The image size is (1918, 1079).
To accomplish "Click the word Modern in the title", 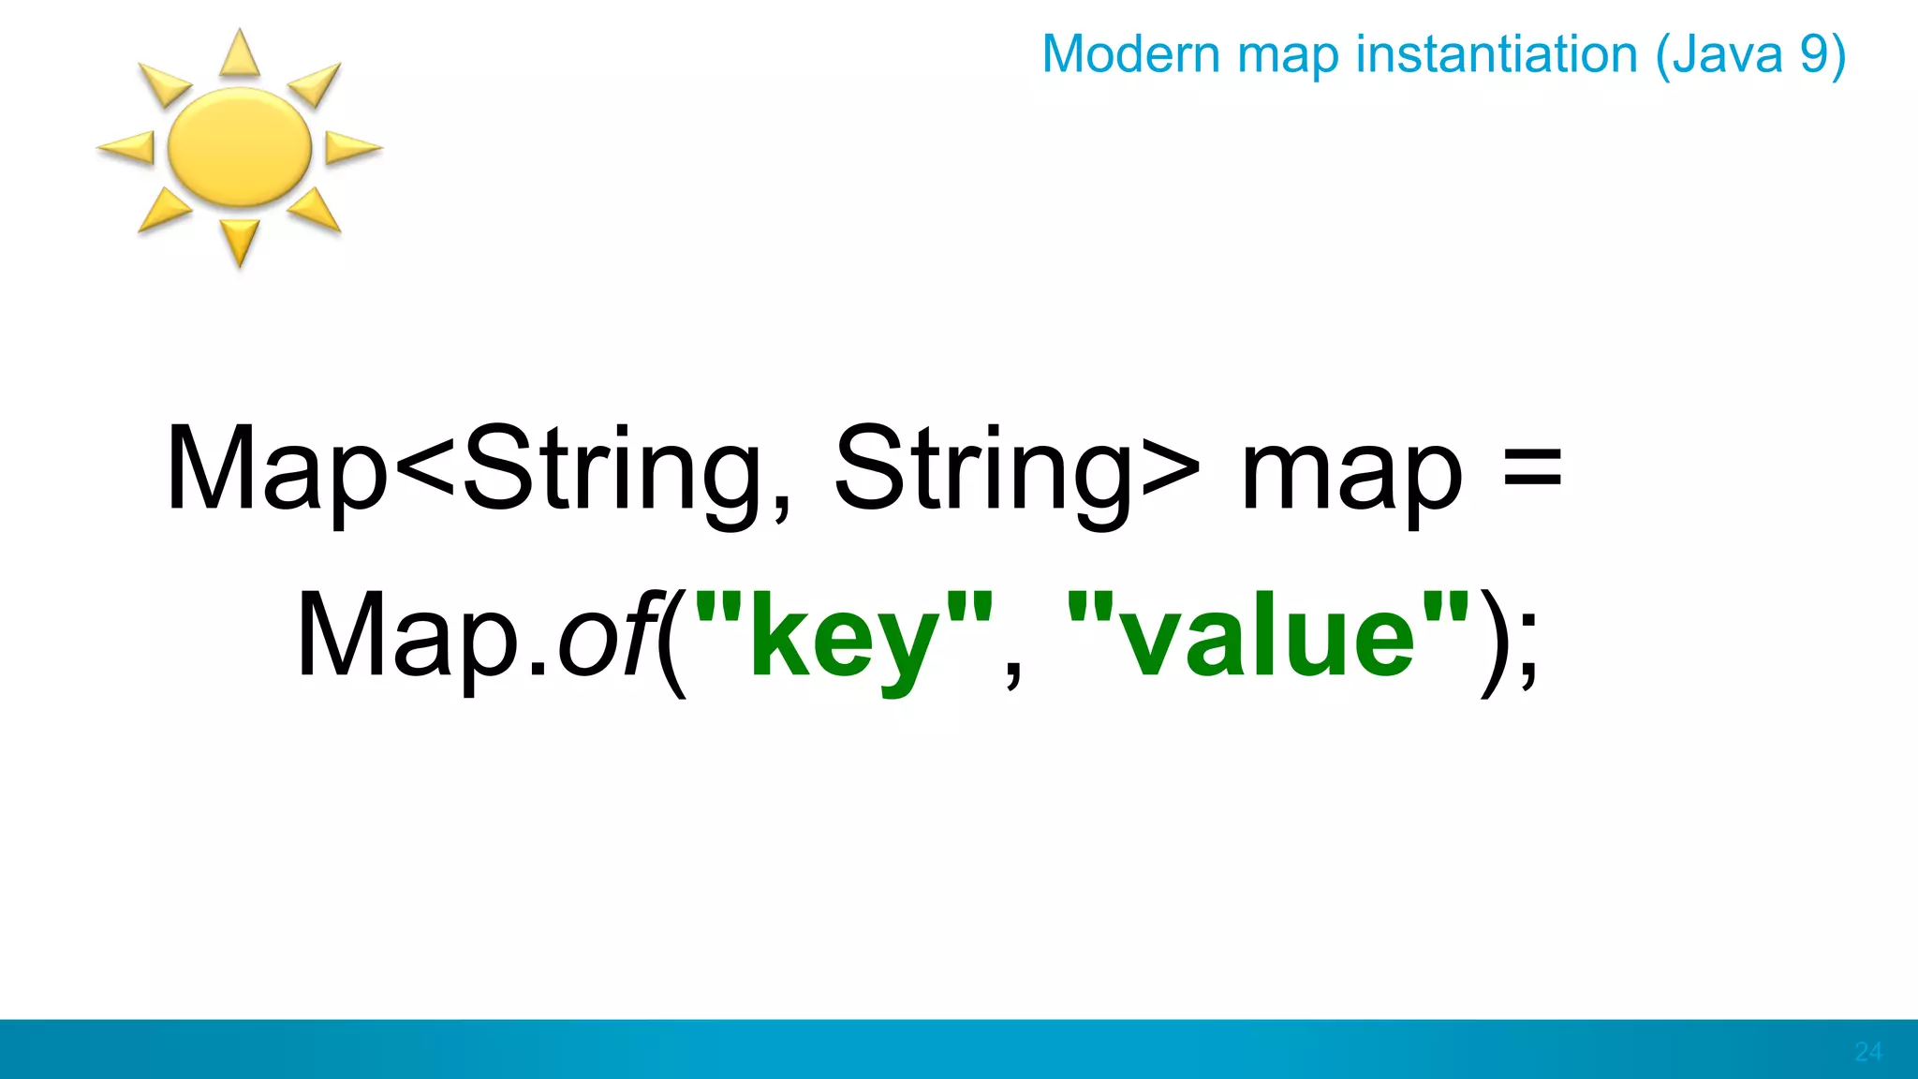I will [x=1130, y=54].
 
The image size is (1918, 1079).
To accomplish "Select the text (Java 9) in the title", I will [x=1750, y=54].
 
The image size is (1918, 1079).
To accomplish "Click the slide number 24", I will [x=1867, y=1052].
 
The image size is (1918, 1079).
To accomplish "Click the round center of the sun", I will [x=239, y=147].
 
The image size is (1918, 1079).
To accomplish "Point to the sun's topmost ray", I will [x=239, y=53].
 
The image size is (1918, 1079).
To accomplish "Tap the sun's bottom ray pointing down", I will [x=239, y=243].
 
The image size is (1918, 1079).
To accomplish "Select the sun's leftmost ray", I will [x=127, y=147].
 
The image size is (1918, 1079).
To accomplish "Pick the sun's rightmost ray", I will [x=352, y=147].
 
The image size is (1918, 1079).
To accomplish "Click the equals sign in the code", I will [x=1531, y=468].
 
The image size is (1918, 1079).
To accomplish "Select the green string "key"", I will [x=843, y=637].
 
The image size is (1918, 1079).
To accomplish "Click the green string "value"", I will [x=1268, y=637].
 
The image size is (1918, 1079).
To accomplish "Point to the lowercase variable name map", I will [x=1350, y=473].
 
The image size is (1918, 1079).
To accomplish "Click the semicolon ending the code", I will [x=1528, y=646].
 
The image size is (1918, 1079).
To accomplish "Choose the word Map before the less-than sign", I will [x=276, y=468].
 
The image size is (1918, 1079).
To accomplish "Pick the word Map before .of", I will [x=407, y=637].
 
